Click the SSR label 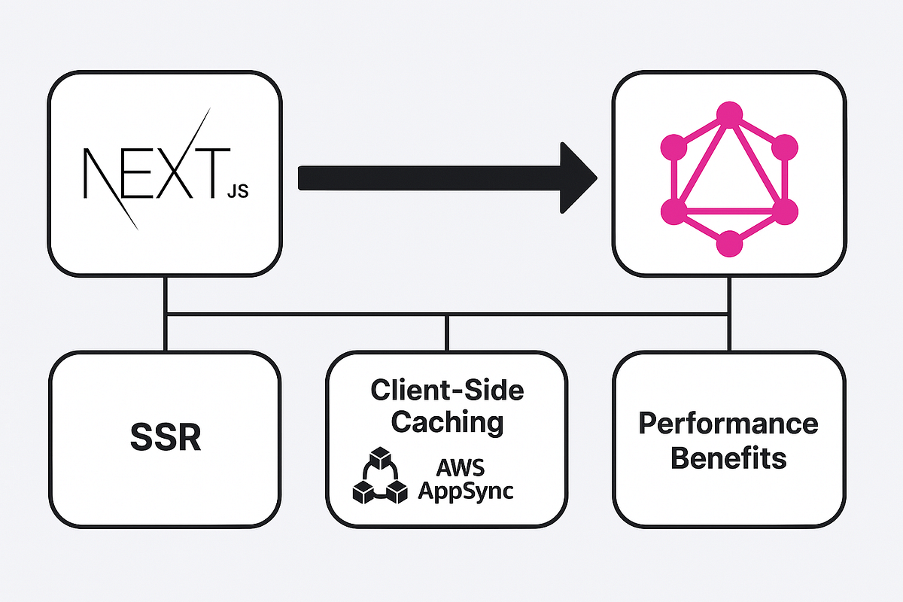165,438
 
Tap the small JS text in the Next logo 237,191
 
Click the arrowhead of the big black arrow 576,178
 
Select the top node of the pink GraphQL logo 728,114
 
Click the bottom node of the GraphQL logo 728,244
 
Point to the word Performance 728,424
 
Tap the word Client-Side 447,390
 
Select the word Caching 447,421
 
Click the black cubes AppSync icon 380,476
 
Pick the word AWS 466,468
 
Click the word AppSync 466,491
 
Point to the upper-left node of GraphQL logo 673,146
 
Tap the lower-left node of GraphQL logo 673,211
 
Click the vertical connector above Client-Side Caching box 447,333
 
